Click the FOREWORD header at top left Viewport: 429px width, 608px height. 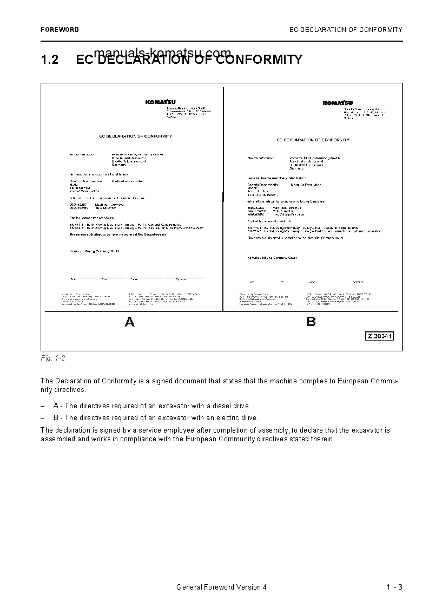click(x=60, y=30)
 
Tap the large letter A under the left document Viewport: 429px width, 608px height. click(x=129, y=323)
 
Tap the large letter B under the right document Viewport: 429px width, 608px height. click(x=311, y=322)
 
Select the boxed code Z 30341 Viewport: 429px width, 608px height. click(x=379, y=336)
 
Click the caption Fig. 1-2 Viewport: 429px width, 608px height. click(x=53, y=358)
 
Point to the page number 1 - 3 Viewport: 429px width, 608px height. click(x=394, y=587)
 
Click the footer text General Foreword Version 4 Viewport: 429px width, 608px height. click(x=221, y=587)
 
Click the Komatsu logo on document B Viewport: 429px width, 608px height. click(x=338, y=103)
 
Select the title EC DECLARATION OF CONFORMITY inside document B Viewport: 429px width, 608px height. click(x=313, y=140)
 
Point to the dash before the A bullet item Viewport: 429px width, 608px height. click(x=43, y=406)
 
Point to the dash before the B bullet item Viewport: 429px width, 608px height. click(x=43, y=417)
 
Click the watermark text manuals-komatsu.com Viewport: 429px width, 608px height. click(x=162, y=53)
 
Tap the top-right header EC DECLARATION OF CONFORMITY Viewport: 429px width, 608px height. click(x=346, y=30)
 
